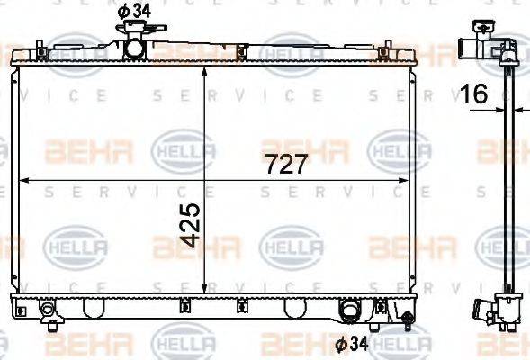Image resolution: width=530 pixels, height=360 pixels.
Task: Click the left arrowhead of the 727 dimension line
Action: [x=25, y=181]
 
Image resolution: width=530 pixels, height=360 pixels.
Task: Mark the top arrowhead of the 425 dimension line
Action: [x=207, y=71]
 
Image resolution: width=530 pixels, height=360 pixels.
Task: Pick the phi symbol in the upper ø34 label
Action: [x=124, y=11]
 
